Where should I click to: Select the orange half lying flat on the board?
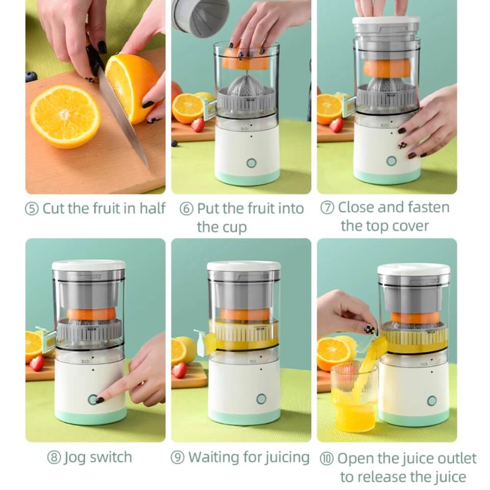pyautogui.click(x=65, y=116)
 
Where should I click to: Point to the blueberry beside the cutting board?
pyautogui.click(x=31, y=77)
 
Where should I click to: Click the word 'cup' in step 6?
pyautogui.click(x=234, y=227)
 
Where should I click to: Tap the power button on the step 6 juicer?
pyautogui.click(x=251, y=163)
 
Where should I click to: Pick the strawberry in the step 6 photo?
pyautogui.click(x=198, y=124)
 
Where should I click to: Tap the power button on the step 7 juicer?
pyautogui.click(x=391, y=161)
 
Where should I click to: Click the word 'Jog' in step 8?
pyautogui.click(x=74, y=457)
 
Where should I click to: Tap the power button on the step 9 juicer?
pyautogui.click(x=261, y=399)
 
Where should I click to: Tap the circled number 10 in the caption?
pyautogui.click(x=327, y=458)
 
